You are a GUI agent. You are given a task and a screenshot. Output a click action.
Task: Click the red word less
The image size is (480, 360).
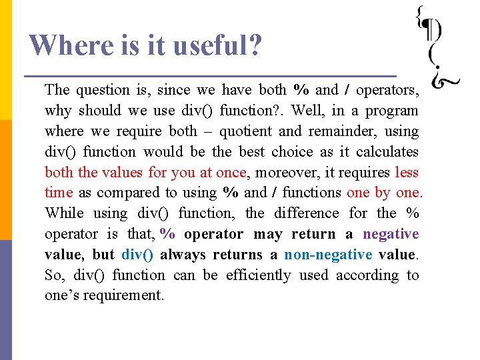point(407,173)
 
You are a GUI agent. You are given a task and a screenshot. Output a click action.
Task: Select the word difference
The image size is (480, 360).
point(307,213)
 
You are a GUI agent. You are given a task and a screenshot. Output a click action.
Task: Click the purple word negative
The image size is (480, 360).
point(391,234)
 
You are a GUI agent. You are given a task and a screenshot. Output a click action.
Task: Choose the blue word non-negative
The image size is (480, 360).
point(328,254)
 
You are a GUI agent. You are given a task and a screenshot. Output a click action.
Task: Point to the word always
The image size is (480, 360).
point(183,254)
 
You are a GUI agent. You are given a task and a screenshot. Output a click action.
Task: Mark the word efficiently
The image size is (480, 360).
point(259,275)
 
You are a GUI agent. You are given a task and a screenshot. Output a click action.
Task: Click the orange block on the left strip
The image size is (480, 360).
point(6,179)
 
